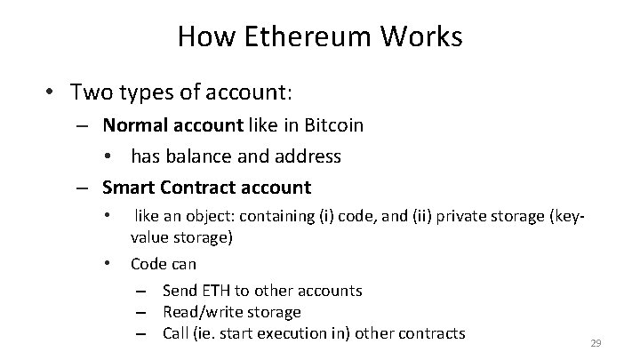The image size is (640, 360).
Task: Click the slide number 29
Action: click(x=596, y=342)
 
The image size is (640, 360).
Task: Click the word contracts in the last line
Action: click(x=432, y=333)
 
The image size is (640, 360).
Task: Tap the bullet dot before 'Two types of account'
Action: click(x=52, y=92)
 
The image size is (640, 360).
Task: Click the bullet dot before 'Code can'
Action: click(x=107, y=263)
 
